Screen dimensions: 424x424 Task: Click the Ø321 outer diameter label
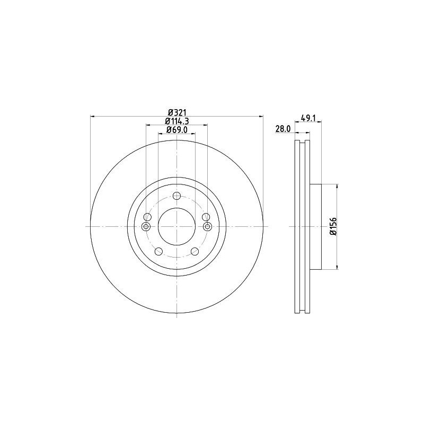(x=176, y=112)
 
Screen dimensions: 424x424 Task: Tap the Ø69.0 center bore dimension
(x=176, y=130)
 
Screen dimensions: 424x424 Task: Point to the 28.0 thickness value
(x=282, y=129)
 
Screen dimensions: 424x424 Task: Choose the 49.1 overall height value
(x=308, y=119)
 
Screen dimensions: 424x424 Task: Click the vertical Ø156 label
(x=332, y=226)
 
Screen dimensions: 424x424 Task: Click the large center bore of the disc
(x=176, y=226)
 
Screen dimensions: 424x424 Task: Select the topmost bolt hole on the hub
(x=176, y=196)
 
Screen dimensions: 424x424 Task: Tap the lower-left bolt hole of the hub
(x=158, y=252)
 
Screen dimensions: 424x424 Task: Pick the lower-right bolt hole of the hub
(x=195, y=252)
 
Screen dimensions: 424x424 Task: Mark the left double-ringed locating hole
(x=146, y=227)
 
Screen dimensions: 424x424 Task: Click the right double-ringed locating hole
(x=207, y=227)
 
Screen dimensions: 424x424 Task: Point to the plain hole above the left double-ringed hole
(x=147, y=217)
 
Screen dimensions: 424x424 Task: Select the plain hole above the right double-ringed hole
(x=206, y=217)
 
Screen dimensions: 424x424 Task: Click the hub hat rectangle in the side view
(x=315, y=226)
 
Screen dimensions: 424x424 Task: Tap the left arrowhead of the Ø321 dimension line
(x=93, y=116)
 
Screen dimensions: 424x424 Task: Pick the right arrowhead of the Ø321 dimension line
(x=260, y=116)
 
